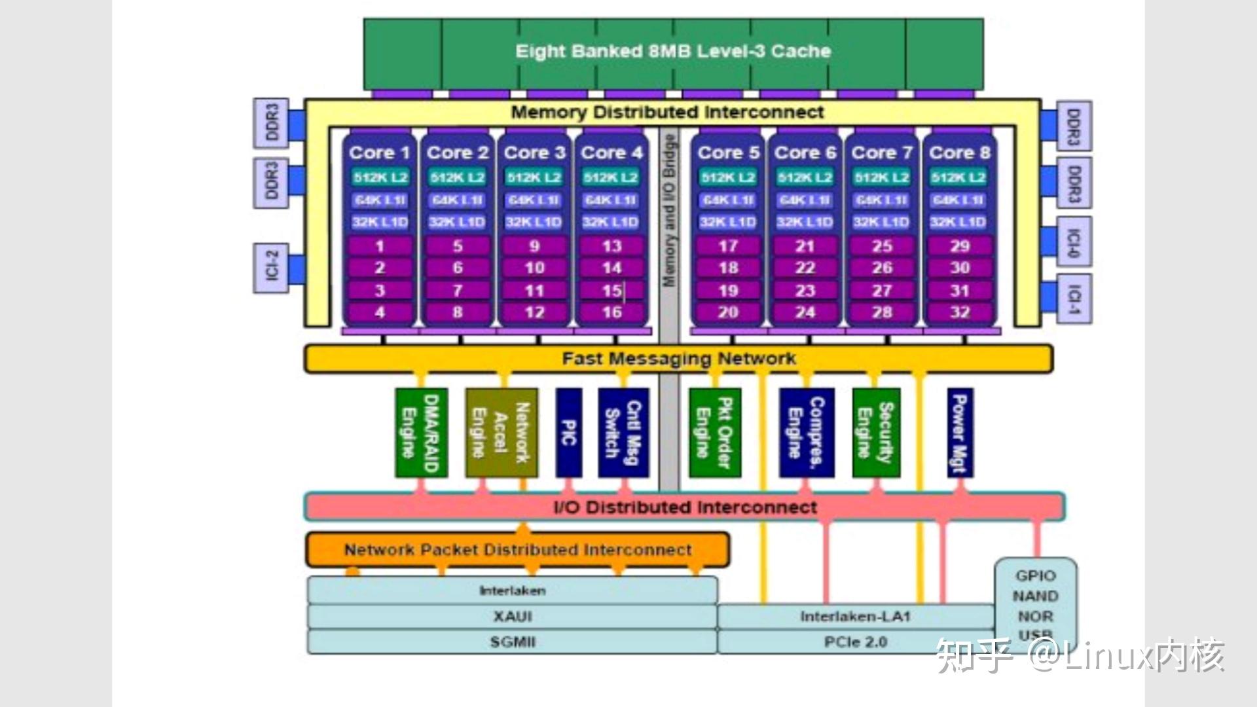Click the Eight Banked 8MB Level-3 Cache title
(673, 51)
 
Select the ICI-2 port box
(271, 267)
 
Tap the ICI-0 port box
(1073, 242)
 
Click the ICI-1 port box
(1073, 299)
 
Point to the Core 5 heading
(727, 153)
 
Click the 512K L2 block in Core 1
(380, 177)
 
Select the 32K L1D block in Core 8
(958, 222)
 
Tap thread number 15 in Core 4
(611, 290)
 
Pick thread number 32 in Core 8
(959, 312)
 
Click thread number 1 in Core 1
(380, 246)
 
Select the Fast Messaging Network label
(678, 359)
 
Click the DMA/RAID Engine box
(421, 433)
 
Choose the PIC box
(568, 433)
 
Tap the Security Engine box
(876, 433)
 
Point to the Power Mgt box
(959, 433)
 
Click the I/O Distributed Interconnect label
(684, 507)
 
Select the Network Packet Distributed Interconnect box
(517, 550)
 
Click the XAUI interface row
(512, 617)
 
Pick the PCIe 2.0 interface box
(855, 642)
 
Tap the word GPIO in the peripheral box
(1035, 575)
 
